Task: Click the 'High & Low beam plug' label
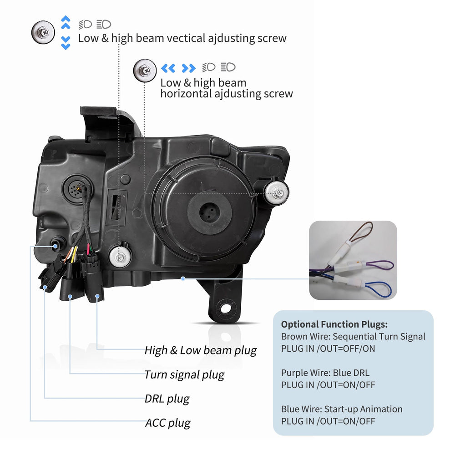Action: [201, 350]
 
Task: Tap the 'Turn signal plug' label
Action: [184, 375]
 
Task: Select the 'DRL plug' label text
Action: [167, 399]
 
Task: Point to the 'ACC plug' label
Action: [168, 423]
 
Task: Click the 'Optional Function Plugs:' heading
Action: [334, 324]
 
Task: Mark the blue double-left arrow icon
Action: [168, 69]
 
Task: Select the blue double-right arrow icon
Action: [188, 69]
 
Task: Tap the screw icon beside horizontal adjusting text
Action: [145, 71]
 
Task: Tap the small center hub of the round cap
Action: [209, 212]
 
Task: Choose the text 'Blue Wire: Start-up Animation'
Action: [342, 409]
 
